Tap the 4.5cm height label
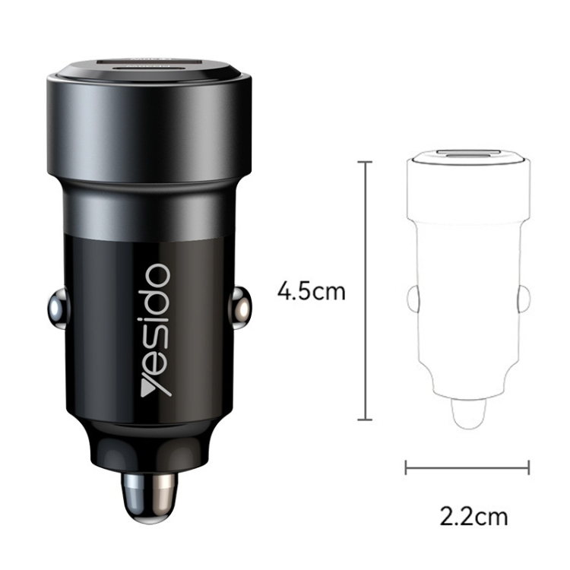pos(311,291)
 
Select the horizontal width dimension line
pos(467,467)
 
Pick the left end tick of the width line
pos(406,467)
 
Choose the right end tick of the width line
pos(529,467)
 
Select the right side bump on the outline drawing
pos(523,299)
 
